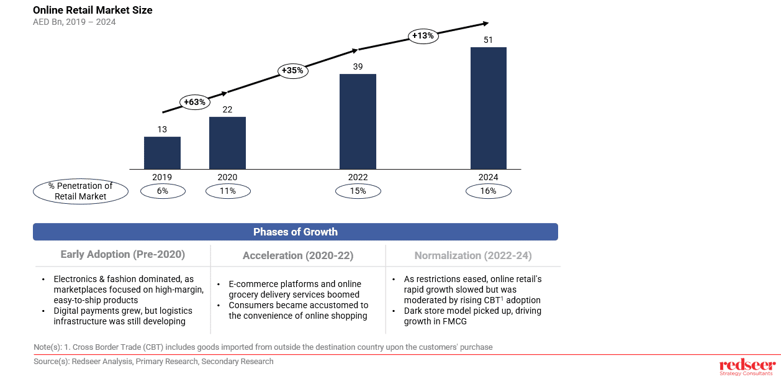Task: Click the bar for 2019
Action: point(162,153)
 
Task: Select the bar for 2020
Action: point(227,143)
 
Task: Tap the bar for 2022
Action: point(358,121)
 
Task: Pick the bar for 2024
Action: point(488,108)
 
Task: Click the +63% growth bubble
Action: point(195,102)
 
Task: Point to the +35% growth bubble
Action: point(292,70)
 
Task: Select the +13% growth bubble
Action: point(423,35)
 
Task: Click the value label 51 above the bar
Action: point(488,40)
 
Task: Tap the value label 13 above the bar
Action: point(162,129)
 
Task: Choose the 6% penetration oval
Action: point(163,191)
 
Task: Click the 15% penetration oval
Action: point(358,191)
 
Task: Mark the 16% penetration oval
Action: point(489,191)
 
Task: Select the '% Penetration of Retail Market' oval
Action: point(80,191)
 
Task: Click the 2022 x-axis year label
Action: point(358,177)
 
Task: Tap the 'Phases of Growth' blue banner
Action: point(296,232)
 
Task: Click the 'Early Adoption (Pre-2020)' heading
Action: point(123,255)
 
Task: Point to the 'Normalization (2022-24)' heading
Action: point(473,255)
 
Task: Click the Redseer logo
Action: point(747,367)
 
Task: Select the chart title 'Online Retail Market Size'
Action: point(93,10)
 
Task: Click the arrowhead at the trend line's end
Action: point(484,24)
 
